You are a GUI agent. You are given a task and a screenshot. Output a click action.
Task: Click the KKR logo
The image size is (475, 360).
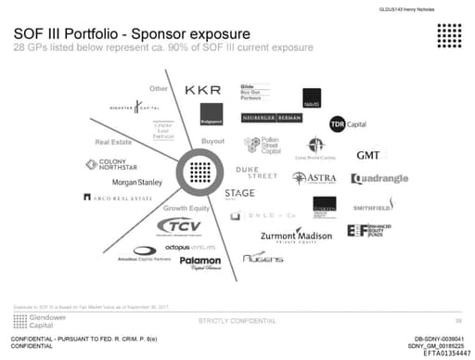point(203,90)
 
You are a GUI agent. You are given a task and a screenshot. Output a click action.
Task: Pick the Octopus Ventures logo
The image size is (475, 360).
point(190,247)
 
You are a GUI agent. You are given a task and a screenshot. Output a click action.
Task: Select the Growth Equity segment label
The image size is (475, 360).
point(182,208)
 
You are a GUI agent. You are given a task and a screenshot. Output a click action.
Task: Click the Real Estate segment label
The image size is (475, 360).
point(114,143)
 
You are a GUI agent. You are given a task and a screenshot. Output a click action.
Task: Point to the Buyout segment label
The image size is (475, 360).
point(200,141)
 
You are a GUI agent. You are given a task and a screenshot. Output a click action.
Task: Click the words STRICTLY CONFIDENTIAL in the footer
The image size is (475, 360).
point(237,320)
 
